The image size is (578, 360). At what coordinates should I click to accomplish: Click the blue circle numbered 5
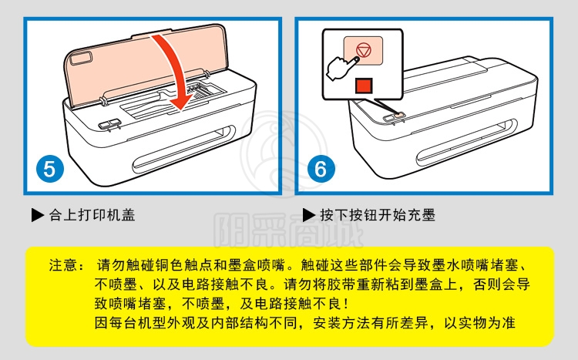(50, 169)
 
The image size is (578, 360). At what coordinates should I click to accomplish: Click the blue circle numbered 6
(321, 169)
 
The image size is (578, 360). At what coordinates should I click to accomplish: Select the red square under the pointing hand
(364, 86)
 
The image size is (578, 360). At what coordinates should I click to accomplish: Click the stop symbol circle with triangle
(364, 50)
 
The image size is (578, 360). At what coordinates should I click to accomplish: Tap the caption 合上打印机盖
(92, 215)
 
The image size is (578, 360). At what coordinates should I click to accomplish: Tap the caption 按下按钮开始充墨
(378, 215)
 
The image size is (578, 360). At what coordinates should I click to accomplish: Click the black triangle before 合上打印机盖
(37, 215)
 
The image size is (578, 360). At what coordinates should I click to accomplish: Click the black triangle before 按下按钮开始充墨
(308, 215)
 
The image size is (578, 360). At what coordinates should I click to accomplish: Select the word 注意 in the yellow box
(63, 265)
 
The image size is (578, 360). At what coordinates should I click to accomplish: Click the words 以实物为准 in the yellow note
(479, 323)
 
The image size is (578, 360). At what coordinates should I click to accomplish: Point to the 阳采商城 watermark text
(289, 230)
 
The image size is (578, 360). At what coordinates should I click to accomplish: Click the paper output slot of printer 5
(183, 148)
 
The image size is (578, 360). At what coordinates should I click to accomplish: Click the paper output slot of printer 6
(465, 142)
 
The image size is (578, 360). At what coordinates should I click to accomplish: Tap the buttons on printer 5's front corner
(109, 124)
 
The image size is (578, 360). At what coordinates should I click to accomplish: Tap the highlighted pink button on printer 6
(399, 116)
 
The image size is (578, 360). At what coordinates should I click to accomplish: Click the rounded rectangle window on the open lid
(81, 59)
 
